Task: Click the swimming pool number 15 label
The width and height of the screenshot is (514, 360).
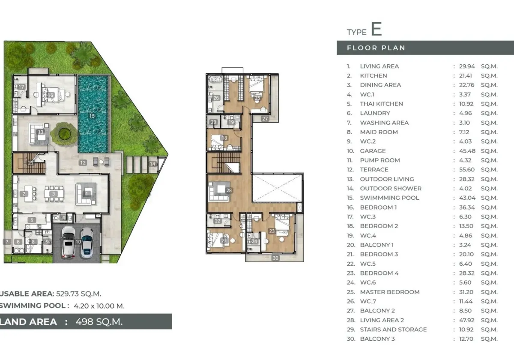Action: [92, 116]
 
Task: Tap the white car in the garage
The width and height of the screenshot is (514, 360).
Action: [68, 242]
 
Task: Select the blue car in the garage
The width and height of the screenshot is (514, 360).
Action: [87, 243]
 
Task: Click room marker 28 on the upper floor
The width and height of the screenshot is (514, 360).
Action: [229, 190]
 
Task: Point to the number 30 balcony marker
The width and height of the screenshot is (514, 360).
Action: [275, 258]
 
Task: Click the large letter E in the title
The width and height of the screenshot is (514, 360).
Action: [377, 29]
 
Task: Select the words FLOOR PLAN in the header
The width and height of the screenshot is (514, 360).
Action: [376, 48]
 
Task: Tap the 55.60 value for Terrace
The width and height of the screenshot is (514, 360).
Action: [467, 170]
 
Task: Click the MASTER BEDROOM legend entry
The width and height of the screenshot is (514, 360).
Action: [390, 292]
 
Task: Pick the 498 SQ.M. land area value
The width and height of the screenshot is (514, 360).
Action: [99, 322]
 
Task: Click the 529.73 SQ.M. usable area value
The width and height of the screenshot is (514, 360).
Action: [78, 294]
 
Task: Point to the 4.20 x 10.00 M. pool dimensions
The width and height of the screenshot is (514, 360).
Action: [99, 306]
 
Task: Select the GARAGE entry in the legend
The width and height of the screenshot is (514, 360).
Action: [373, 151]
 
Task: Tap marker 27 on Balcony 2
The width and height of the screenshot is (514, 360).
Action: [265, 119]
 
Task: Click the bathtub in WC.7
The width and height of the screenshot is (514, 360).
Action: [215, 79]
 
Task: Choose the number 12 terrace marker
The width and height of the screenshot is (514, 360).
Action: [83, 163]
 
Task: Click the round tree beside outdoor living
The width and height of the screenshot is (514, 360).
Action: [64, 134]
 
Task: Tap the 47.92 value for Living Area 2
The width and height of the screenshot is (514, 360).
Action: [467, 320]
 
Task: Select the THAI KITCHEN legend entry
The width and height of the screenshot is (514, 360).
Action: [381, 104]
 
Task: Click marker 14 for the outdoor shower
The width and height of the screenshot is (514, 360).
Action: [152, 164]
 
